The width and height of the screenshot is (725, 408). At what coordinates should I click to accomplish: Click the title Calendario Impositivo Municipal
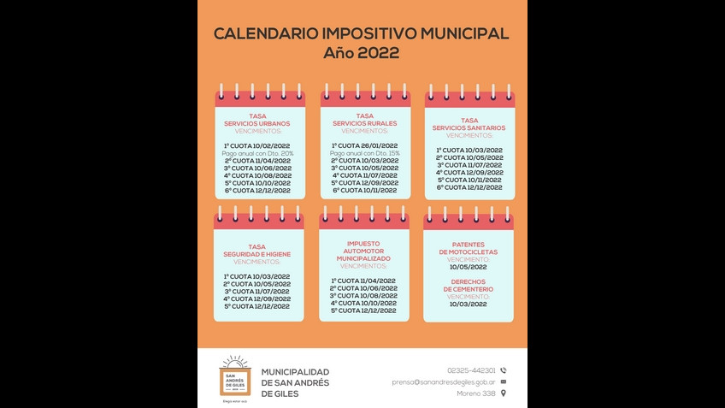click(x=361, y=33)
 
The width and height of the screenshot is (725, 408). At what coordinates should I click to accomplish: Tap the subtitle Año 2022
click(x=361, y=53)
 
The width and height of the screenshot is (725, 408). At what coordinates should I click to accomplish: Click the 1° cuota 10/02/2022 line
click(x=257, y=146)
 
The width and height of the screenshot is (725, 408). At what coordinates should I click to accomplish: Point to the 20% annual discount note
click(x=257, y=153)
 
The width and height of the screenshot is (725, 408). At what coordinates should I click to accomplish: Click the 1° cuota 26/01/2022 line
click(x=364, y=146)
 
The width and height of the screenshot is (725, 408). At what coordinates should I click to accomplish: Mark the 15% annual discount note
click(x=364, y=153)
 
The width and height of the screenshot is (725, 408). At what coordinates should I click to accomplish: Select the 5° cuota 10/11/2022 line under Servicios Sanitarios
click(x=469, y=180)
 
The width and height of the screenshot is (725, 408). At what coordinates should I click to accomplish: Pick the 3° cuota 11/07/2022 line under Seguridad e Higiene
click(x=257, y=291)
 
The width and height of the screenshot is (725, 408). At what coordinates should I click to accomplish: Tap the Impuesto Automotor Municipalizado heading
click(x=363, y=251)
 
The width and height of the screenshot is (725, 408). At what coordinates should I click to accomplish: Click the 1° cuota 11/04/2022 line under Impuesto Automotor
click(x=363, y=281)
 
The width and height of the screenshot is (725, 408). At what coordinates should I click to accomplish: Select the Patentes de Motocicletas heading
click(x=469, y=248)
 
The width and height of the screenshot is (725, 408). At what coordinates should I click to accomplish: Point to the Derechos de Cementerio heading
click(x=469, y=286)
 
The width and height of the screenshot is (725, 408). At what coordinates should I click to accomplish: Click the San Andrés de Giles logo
click(x=235, y=376)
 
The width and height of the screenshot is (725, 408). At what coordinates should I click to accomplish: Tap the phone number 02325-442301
click(x=471, y=370)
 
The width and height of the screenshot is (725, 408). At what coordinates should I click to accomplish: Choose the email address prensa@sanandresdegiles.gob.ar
click(x=444, y=382)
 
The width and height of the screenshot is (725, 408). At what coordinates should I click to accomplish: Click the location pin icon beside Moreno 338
click(x=504, y=393)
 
